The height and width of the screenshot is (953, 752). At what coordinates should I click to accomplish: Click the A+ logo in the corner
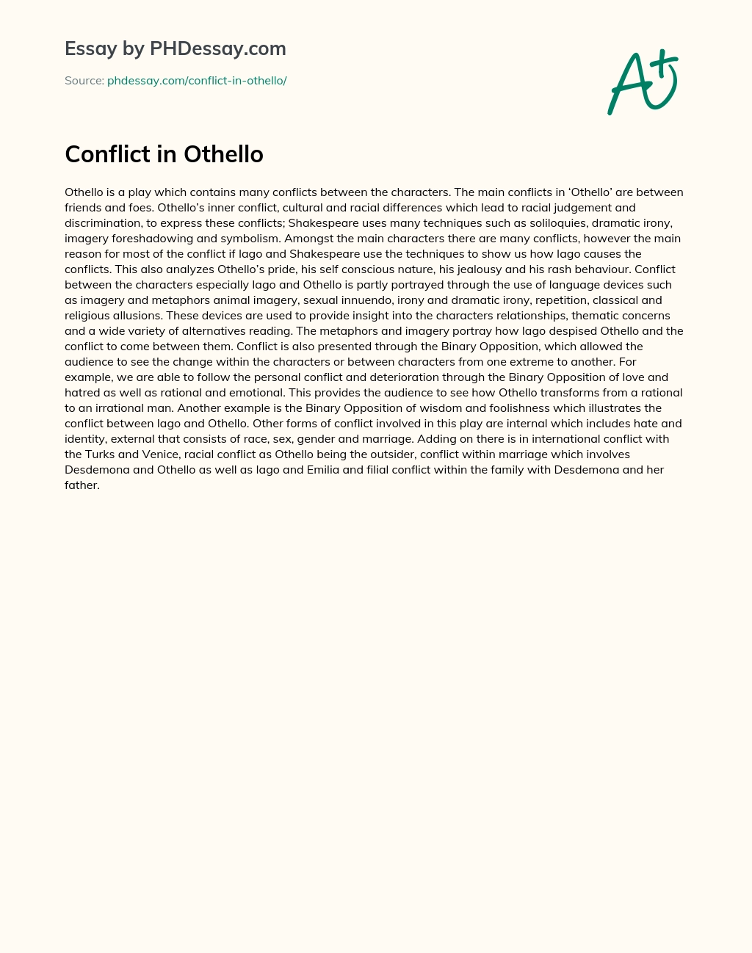(643, 82)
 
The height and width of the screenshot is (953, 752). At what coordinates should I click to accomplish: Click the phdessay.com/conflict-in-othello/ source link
(197, 81)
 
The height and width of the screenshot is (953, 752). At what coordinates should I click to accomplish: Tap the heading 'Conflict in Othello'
(164, 154)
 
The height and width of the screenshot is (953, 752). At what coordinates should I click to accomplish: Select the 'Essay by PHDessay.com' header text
(175, 48)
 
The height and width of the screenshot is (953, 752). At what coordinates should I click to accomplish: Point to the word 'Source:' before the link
(84, 81)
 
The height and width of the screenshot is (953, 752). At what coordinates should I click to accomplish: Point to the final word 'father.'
(82, 485)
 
